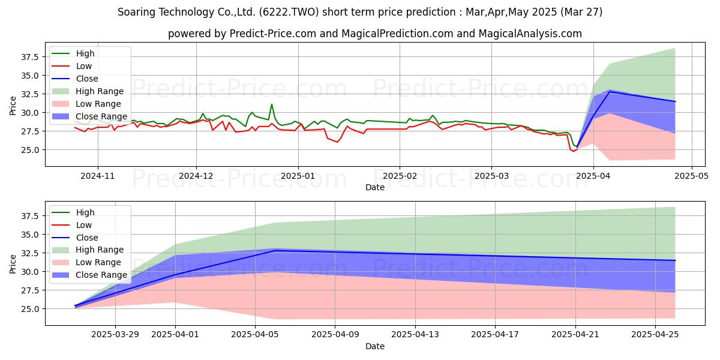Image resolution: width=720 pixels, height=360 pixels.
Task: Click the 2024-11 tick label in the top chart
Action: [x=98, y=176]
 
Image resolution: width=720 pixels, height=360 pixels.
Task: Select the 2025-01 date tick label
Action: [x=298, y=176]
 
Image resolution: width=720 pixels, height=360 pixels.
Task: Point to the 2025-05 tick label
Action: [x=691, y=176]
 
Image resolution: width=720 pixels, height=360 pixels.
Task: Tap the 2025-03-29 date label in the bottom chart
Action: [x=115, y=335]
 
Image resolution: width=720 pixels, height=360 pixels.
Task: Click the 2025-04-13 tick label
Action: [x=415, y=335]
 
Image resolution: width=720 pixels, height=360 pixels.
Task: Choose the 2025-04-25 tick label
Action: [x=655, y=335]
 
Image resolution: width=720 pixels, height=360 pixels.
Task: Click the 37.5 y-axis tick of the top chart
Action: [x=29, y=57]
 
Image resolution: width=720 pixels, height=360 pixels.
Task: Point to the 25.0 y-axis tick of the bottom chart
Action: [x=29, y=309]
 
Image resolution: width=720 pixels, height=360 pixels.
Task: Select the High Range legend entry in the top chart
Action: [x=88, y=91]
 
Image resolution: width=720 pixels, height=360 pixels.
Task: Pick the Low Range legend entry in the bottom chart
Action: [x=86, y=262]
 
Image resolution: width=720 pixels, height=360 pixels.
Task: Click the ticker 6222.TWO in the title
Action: [x=289, y=12]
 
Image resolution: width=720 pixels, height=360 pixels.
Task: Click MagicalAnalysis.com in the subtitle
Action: [x=530, y=34]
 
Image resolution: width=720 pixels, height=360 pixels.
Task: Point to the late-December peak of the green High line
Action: [x=272, y=104]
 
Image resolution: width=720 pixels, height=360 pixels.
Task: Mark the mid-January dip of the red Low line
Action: [x=337, y=142]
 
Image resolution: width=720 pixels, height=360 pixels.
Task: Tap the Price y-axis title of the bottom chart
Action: [x=13, y=264]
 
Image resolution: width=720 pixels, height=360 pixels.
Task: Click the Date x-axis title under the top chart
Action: [x=375, y=187]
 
